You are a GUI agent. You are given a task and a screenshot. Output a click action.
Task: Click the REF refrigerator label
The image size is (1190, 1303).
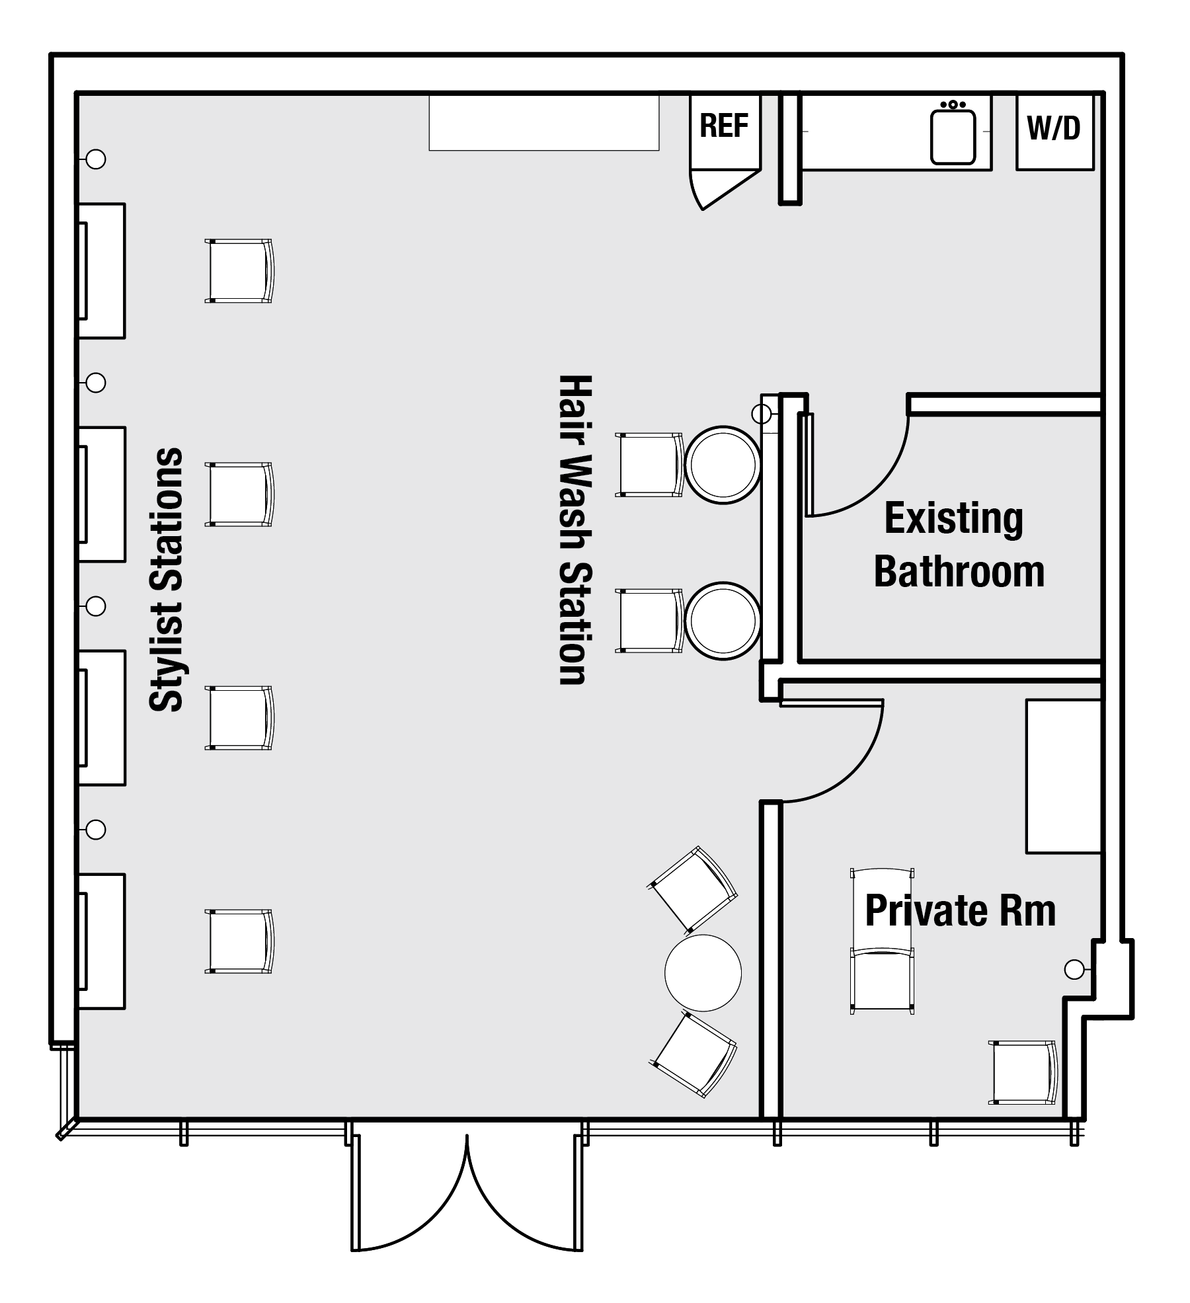(x=724, y=126)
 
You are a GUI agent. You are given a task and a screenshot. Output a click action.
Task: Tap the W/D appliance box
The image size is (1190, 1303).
(x=1054, y=132)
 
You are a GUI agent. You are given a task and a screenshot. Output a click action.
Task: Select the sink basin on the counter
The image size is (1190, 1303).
(x=953, y=136)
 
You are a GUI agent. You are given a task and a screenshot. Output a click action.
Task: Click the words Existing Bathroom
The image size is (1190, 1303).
(x=959, y=545)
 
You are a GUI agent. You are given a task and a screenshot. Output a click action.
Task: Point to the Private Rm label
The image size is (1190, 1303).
(x=960, y=911)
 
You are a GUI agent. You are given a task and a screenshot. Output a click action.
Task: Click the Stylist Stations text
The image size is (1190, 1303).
(x=166, y=580)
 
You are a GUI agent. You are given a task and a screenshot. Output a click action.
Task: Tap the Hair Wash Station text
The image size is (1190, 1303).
(x=573, y=530)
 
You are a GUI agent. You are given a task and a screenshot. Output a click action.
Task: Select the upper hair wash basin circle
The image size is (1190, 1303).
(x=723, y=465)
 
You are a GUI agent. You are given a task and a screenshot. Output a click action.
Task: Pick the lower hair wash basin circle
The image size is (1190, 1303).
(x=723, y=620)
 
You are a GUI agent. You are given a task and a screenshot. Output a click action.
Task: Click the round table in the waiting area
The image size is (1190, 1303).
(x=703, y=972)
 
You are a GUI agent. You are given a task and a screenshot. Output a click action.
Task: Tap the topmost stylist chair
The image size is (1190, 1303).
(x=239, y=271)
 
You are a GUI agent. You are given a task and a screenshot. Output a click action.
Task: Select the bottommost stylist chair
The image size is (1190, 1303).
(x=239, y=941)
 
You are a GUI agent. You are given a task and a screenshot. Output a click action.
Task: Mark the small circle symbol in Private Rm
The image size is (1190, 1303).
(x=1074, y=970)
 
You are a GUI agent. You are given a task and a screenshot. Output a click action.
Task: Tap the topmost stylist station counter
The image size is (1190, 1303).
(x=102, y=271)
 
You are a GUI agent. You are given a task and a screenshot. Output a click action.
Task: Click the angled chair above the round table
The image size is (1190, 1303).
(x=694, y=888)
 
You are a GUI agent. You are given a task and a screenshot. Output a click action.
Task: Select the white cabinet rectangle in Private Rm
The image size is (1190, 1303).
(x=1064, y=776)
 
